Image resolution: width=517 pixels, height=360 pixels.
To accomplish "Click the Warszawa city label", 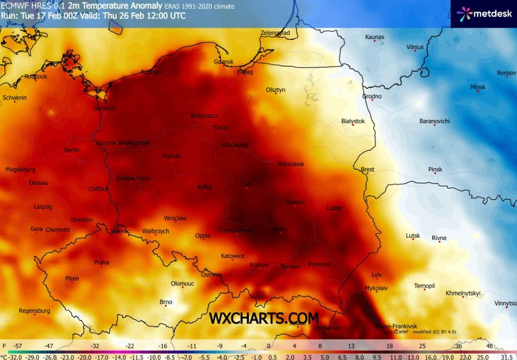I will pos(290,164).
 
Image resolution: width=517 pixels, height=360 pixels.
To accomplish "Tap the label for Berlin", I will pos(72,150).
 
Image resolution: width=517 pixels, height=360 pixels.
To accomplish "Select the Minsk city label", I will pos(478,87).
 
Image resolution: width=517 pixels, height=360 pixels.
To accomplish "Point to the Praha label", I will pos(101,263).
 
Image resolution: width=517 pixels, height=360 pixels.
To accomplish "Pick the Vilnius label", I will pos(415,47).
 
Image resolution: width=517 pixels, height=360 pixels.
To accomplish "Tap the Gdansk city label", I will pos(224,62).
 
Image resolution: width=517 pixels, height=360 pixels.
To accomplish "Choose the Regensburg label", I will pos(34,311).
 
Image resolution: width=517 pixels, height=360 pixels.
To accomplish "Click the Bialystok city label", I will pos(353,121).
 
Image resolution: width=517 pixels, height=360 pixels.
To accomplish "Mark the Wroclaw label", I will pos(175,218).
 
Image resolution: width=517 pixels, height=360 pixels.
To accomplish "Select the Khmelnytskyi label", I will pos(463,293).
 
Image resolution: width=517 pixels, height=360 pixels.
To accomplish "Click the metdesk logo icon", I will pos(464,14).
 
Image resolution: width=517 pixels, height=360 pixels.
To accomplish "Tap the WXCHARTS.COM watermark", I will pos(264,318).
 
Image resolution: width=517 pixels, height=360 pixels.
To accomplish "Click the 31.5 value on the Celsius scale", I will pos(507,356).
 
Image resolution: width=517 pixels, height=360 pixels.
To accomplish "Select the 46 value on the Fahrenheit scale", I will pos(489,346).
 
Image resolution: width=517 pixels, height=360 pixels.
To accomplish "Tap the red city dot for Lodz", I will pos(246,188).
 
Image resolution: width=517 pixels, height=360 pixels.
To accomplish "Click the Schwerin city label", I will pos(14,97).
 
